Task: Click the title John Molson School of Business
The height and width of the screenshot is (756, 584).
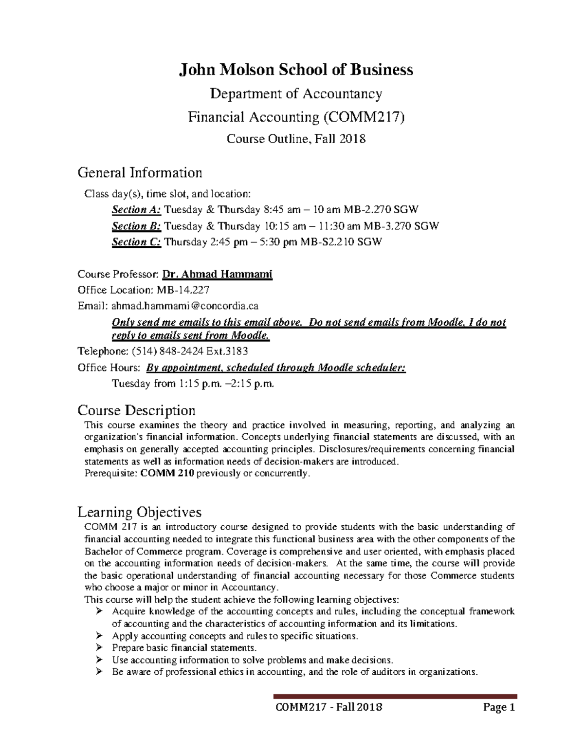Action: (x=296, y=70)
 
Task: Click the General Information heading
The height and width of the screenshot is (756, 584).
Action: (x=140, y=173)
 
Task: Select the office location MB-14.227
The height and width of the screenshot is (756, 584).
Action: (x=182, y=290)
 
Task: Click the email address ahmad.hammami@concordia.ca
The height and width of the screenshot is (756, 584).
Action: (x=185, y=306)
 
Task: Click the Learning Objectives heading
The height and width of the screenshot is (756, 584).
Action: (x=139, y=512)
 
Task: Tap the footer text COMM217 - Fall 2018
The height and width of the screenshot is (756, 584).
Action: (x=328, y=707)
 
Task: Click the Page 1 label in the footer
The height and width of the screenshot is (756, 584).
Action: (x=498, y=707)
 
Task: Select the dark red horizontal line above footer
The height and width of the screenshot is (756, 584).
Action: (x=395, y=697)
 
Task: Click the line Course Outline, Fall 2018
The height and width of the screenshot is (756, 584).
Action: (x=296, y=139)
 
